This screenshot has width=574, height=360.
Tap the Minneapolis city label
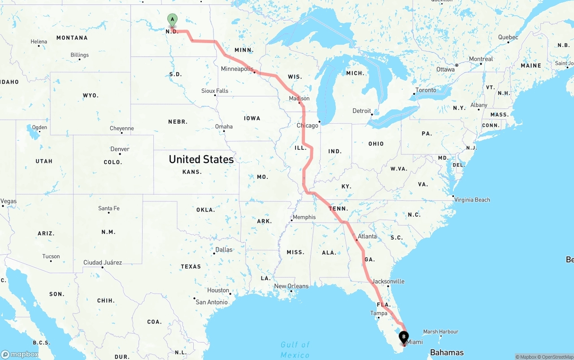tap(237, 69)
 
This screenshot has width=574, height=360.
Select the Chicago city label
tap(307, 126)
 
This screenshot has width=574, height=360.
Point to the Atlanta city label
tap(367, 236)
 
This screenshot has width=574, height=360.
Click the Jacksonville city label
tap(388, 282)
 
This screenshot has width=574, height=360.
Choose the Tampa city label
tap(378, 313)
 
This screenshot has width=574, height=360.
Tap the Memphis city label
tap(304, 217)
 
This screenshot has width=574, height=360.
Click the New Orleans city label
tap(291, 286)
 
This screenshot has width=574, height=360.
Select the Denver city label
tap(120, 149)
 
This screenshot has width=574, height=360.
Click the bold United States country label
tap(201, 159)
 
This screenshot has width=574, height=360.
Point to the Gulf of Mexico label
tap(295, 350)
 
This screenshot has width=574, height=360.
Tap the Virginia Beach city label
tap(472, 200)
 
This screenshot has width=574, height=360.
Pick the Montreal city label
tap(481, 59)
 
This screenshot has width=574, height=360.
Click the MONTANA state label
tap(72, 38)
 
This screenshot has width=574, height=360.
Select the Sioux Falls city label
tap(215, 91)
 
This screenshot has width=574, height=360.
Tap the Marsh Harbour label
tap(441, 332)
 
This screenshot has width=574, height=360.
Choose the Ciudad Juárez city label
tap(102, 262)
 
